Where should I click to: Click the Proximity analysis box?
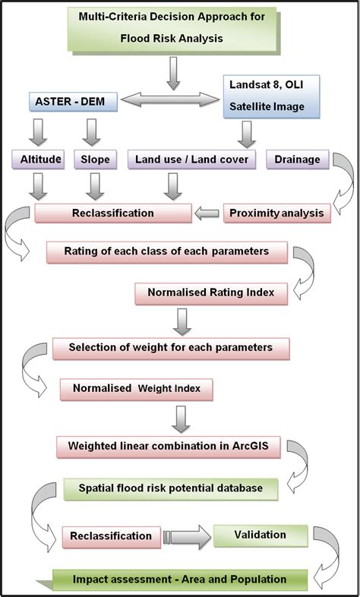point(276,213)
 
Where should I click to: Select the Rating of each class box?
point(166,251)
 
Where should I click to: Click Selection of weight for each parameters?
point(171,348)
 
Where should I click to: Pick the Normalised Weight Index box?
point(137,389)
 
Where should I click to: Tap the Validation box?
point(261,535)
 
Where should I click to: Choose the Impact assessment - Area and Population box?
point(180,580)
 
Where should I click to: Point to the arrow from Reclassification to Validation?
point(186,536)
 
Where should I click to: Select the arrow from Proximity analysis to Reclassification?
point(205,213)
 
